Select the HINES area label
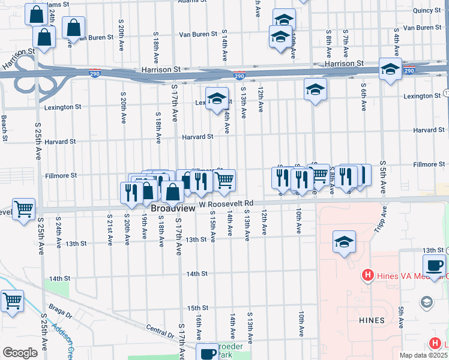tap(372, 320)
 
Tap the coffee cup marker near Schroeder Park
tap(208, 353)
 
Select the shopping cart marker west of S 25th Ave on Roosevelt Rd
tap(23, 209)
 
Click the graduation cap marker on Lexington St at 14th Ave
tap(217, 98)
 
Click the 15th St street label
tap(197, 308)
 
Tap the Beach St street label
tap(4, 128)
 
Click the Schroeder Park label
tap(229, 350)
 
